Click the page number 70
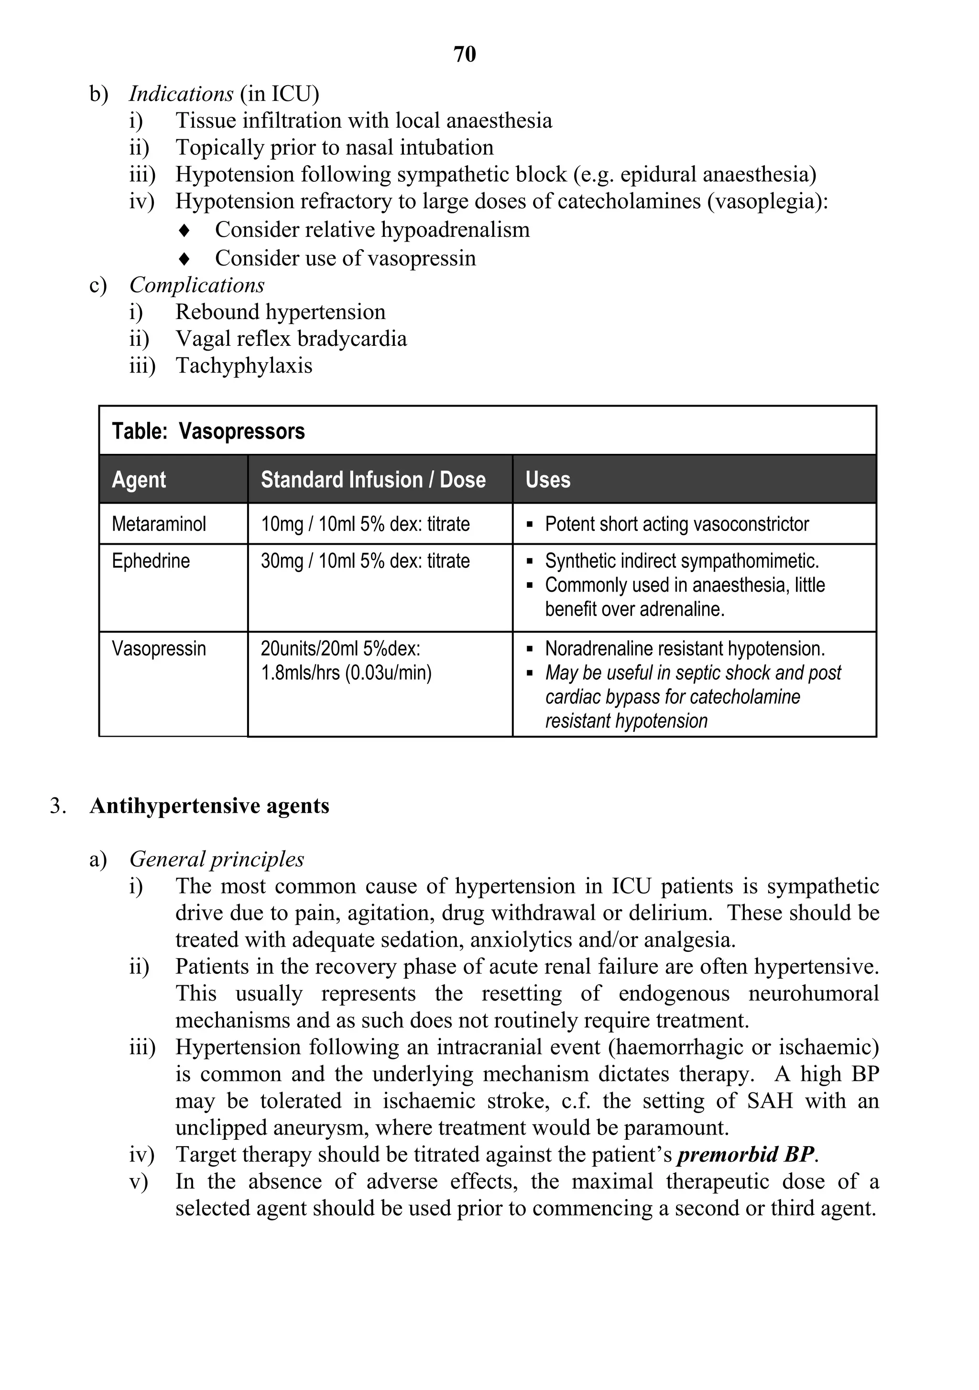465,55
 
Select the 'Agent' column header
139,479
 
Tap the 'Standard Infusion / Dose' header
373,479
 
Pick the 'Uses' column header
548,479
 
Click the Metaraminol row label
159,524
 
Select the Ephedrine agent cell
151,561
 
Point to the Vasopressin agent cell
159,649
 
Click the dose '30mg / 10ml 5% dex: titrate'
365,561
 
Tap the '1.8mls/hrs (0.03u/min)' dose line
346,673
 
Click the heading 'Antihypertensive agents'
209,806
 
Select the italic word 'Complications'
196,285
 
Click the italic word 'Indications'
181,94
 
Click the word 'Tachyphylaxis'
244,365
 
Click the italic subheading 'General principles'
217,859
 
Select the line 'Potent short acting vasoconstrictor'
676,524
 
